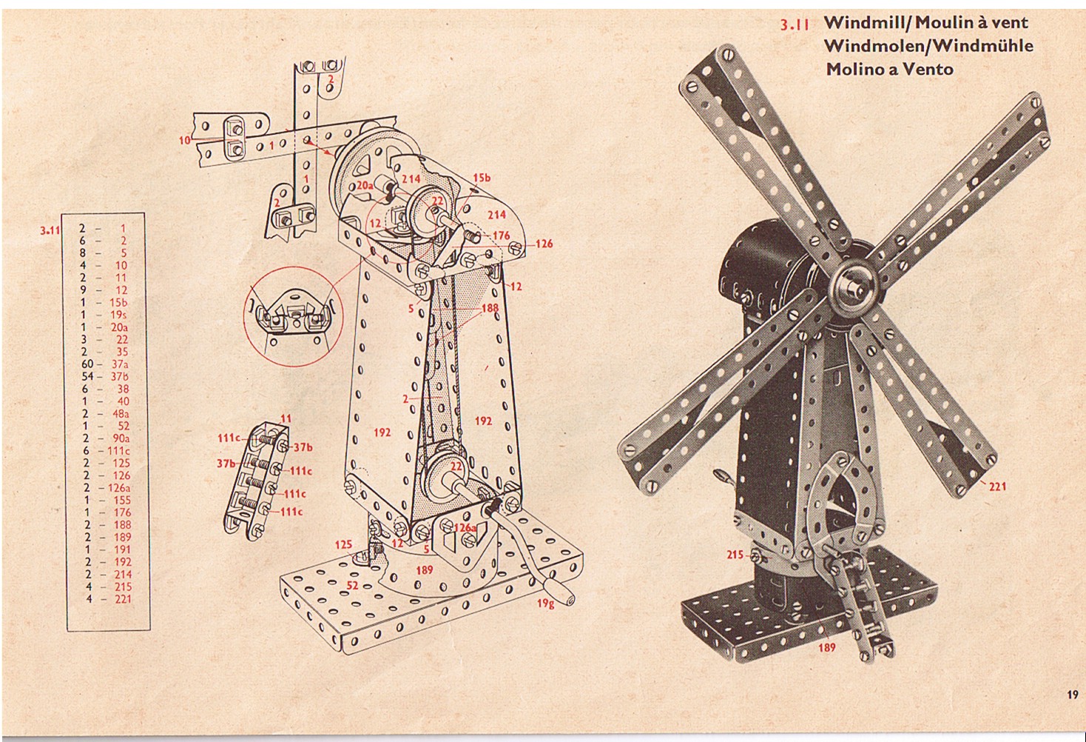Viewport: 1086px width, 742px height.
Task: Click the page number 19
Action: tap(1073, 695)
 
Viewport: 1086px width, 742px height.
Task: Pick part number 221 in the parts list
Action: tap(123, 599)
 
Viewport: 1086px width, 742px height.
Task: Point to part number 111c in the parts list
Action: tap(119, 451)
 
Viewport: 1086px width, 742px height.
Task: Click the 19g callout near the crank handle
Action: tap(545, 604)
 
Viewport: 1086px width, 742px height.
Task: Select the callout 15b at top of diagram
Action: tap(482, 178)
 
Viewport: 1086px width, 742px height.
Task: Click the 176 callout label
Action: tap(501, 235)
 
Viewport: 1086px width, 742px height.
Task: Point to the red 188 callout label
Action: tap(490, 308)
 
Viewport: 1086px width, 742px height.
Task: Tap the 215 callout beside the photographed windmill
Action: tap(735, 554)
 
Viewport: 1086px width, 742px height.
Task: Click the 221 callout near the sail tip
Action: tap(997, 486)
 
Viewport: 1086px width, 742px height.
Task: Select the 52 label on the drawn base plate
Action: tap(352, 586)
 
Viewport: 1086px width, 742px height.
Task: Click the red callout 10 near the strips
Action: tap(185, 141)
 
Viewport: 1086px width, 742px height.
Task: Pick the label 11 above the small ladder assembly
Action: tap(286, 418)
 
